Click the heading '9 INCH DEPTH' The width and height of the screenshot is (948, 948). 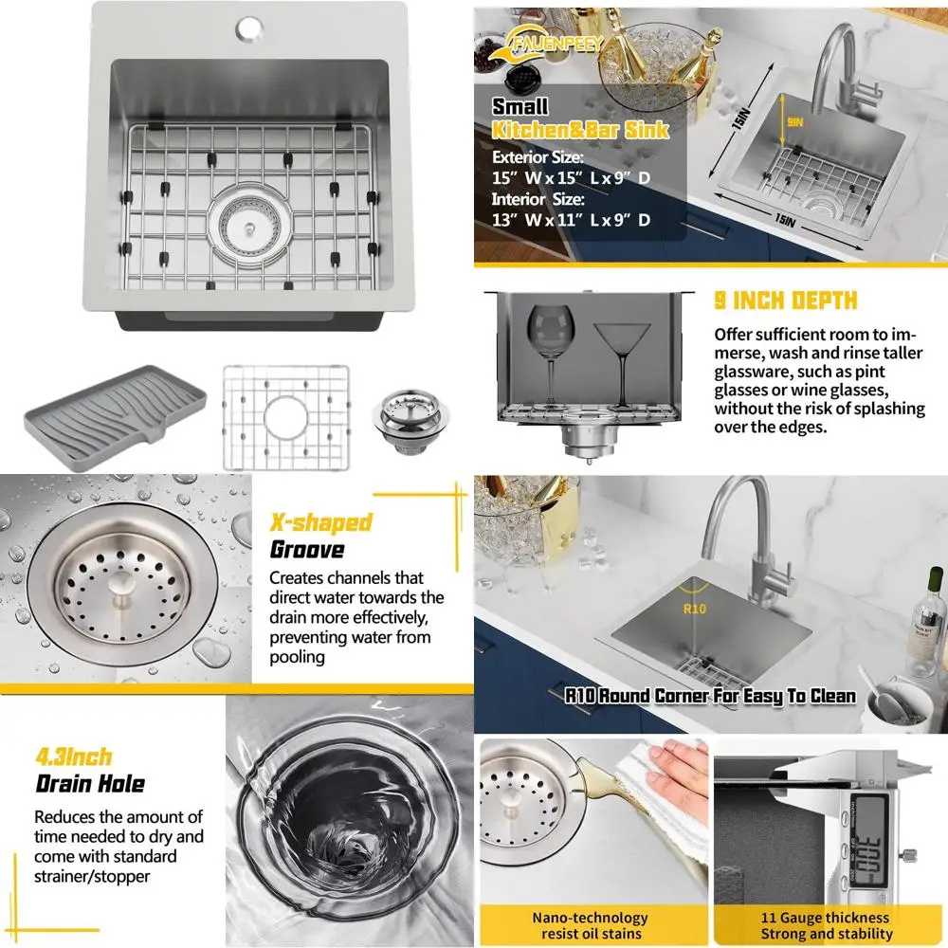(x=785, y=301)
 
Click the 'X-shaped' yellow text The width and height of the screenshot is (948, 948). (x=320, y=522)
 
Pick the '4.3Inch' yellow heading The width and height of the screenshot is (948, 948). (x=74, y=757)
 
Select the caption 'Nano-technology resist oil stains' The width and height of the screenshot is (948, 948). (x=590, y=925)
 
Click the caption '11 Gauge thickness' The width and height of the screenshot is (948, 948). (x=826, y=918)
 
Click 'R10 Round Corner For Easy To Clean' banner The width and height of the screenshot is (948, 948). (x=710, y=696)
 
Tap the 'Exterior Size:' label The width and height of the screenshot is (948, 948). (x=538, y=158)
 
